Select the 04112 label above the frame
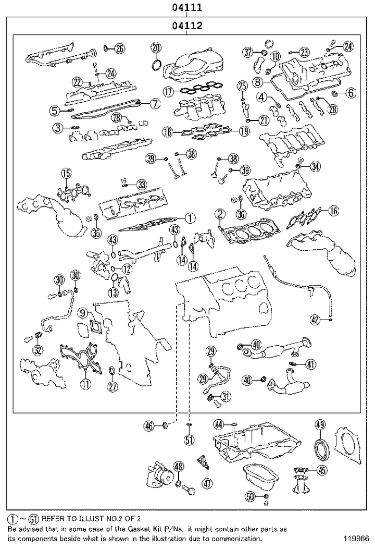pyautogui.click(x=187, y=25)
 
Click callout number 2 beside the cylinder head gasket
pyautogui.click(x=221, y=214)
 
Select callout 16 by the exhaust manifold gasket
pyautogui.click(x=333, y=211)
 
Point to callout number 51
pyautogui.click(x=189, y=440)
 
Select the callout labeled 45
pyautogui.click(x=322, y=470)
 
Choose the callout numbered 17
pyautogui.click(x=167, y=91)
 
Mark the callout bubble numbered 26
pyautogui.click(x=120, y=48)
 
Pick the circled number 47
pyautogui.click(x=208, y=483)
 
